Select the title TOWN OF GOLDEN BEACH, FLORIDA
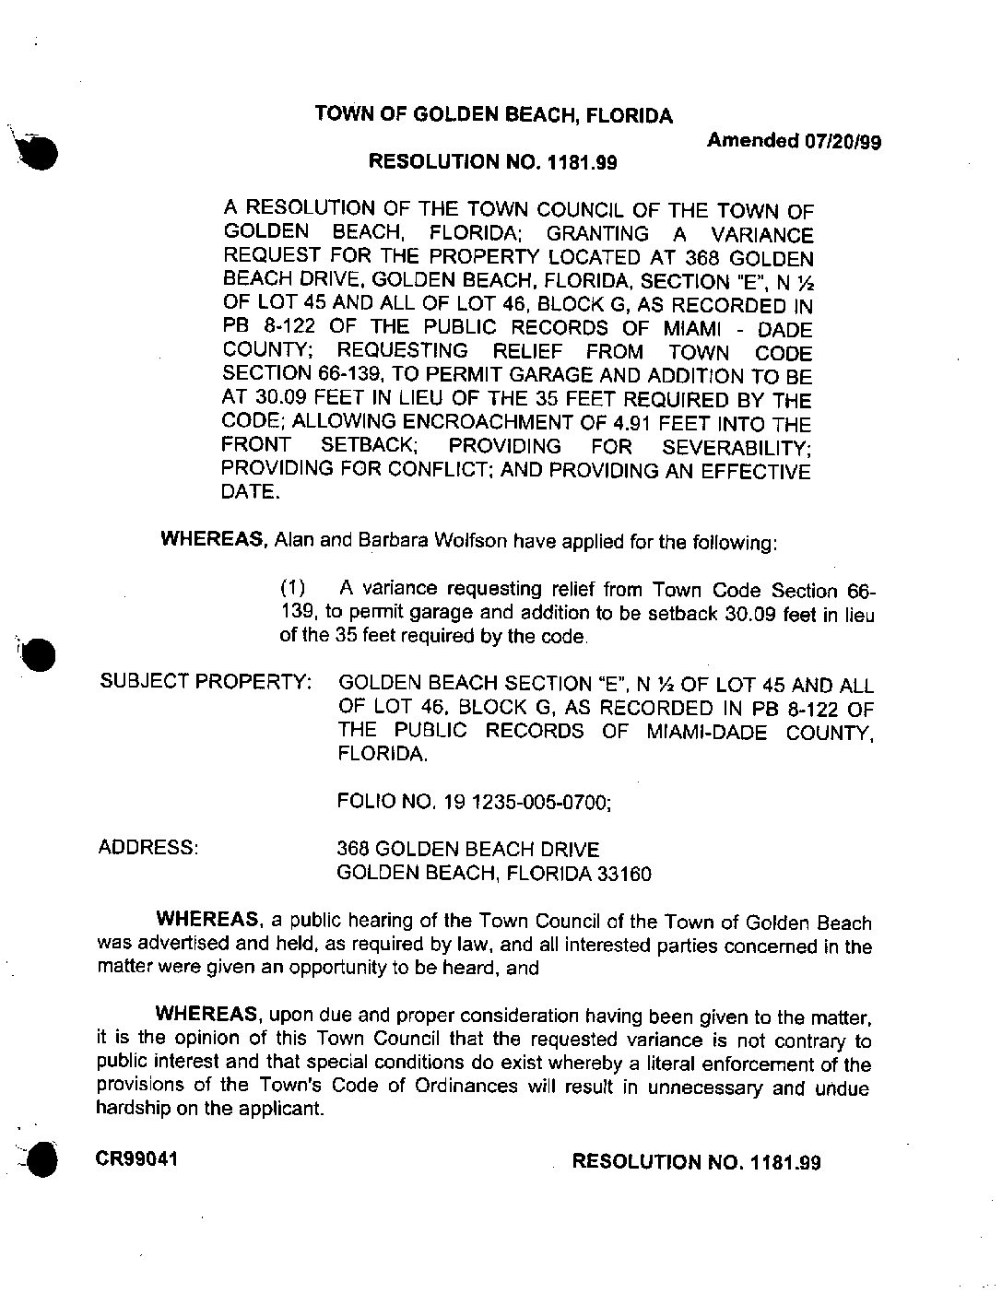pos(493,115)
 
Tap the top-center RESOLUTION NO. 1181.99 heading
pos(492,163)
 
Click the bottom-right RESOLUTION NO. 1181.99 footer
pos(696,1161)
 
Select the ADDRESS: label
pos(147,848)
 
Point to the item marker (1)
pos(292,588)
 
